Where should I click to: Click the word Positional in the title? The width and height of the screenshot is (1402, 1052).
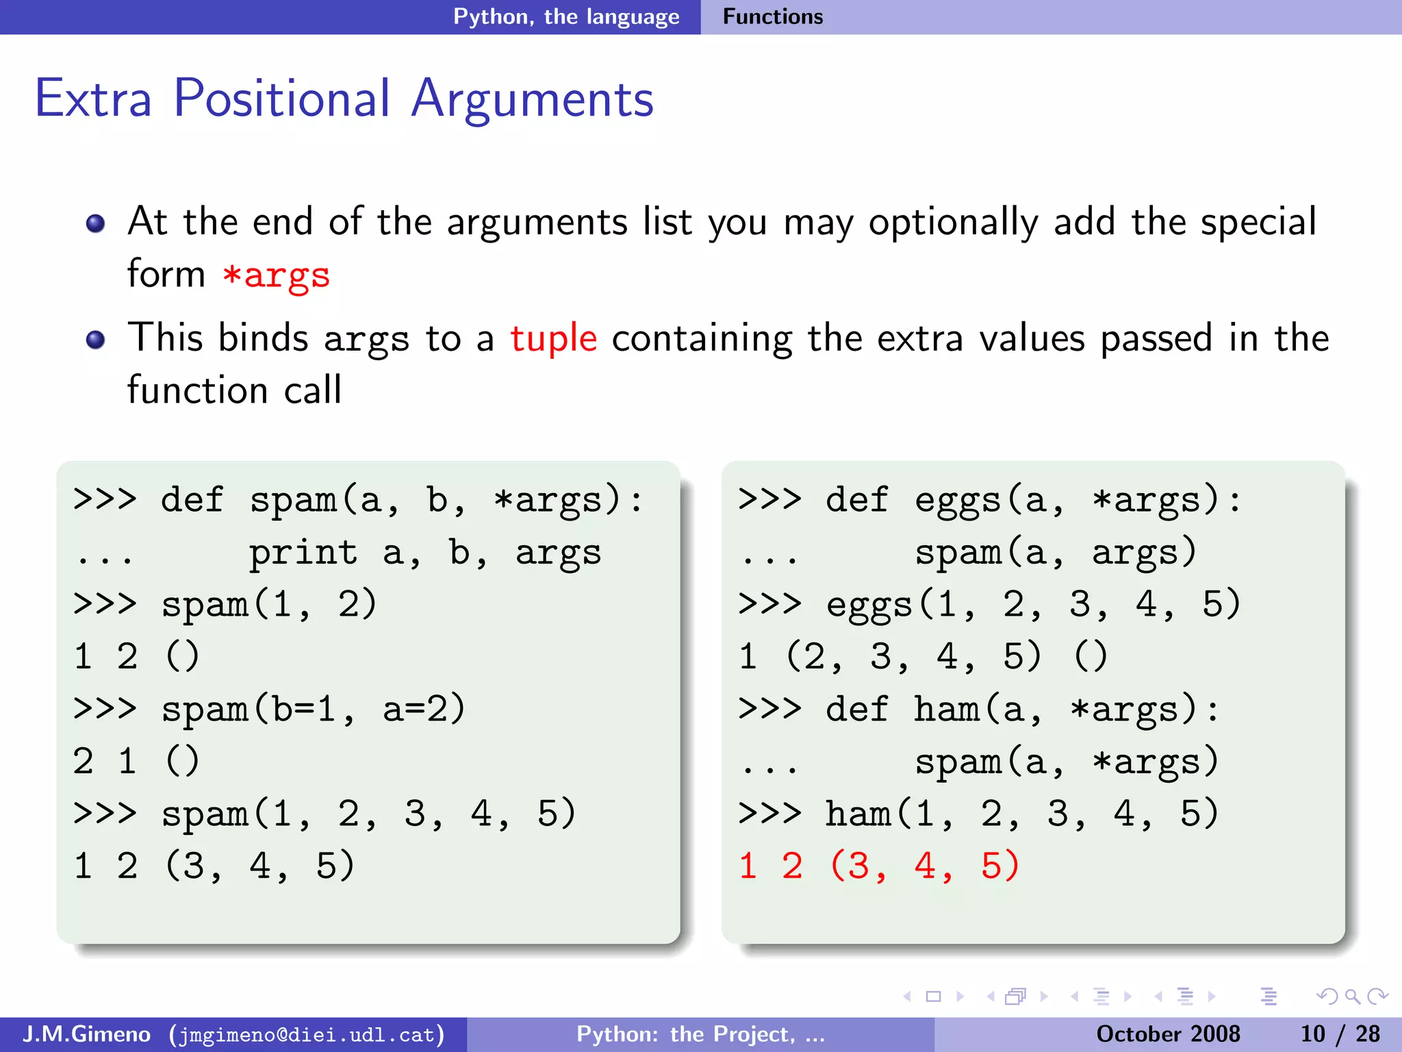pyautogui.click(x=281, y=99)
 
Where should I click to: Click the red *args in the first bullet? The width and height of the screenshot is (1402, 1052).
pyautogui.click(x=276, y=275)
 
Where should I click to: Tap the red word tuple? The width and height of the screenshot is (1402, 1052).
pyautogui.click(x=553, y=338)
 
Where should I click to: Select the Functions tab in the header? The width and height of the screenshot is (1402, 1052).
pyautogui.click(x=772, y=16)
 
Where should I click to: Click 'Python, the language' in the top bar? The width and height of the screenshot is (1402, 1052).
pyautogui.click(x=566, y=16)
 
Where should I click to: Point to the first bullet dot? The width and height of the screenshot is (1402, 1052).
pyautogui.click(x=96, y=224)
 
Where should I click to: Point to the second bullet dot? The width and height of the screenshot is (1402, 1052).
pyautogui.click(x=96, y=340)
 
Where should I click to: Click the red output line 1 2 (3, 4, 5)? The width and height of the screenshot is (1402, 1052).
pyautogui.click(x=879, y=866)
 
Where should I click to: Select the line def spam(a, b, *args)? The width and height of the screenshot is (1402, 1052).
pyautogui.click(x=358, y=500)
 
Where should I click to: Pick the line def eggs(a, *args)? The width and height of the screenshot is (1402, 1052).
pyautogui.click(x=989, y=500)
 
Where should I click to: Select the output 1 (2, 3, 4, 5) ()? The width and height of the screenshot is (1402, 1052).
pyautogui.click(x=922, y=656)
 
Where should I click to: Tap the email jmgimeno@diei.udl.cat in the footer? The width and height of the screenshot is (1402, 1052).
pyautogui.click(x=307, y=1034)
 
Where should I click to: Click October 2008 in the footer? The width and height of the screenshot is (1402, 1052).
pyautogui.click(x=1168, y=1034)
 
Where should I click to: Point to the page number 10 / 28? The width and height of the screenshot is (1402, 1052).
pyautogui.click(x=1339, y=1034)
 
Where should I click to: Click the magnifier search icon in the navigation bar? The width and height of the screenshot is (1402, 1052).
pyautogui.click(x=1351, y=997)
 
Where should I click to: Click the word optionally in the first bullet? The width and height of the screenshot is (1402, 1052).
pyautogui.click(x=954, y=223)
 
